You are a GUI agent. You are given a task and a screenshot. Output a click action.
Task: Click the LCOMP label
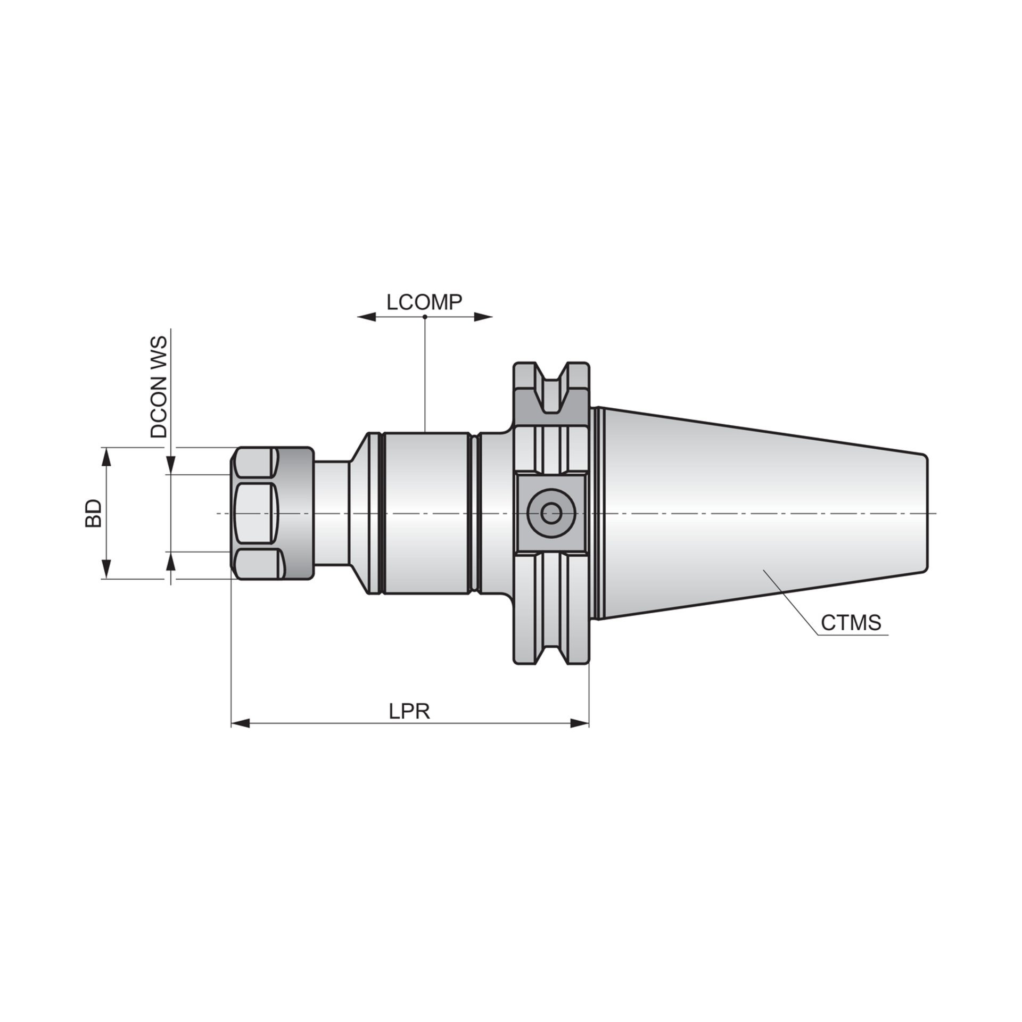[424, 302]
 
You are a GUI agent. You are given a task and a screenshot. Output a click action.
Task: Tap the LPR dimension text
[409, 712]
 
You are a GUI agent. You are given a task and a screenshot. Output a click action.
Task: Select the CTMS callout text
[851, 622]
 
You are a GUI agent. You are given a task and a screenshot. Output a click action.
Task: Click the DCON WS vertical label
[159, 386]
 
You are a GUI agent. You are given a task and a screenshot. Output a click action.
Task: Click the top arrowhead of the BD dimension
[107, 455]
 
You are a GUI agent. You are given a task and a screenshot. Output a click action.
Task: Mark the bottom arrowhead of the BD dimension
[107, 570]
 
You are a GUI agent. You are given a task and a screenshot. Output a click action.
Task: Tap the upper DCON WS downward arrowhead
[171, 466]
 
